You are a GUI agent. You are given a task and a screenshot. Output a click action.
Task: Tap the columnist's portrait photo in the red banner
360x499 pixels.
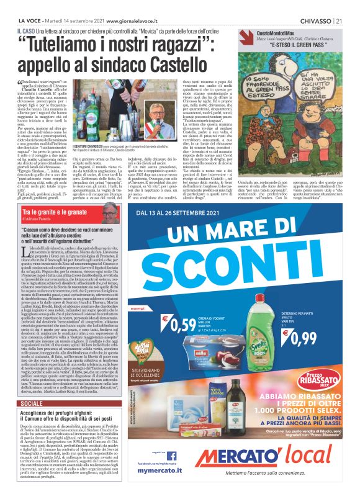[110, 214]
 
